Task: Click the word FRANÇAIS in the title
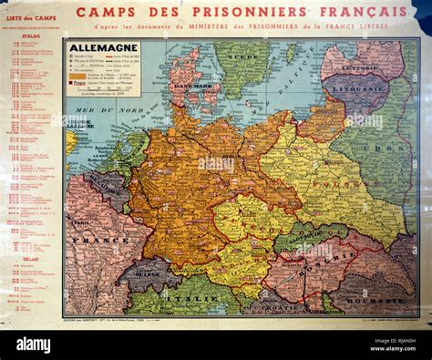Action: coord(366,12)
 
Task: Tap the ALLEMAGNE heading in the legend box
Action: coord(102,47)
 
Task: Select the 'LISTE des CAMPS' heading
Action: coord(31,19)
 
